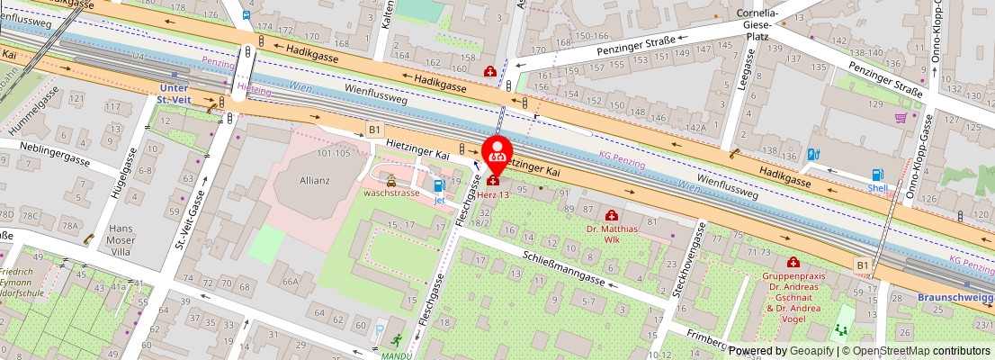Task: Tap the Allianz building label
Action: click(x=309, y=180)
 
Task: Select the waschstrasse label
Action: click(x=391, y=193)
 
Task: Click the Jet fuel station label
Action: click(x=439, y=200)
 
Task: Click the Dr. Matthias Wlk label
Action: click(x=612, y=233)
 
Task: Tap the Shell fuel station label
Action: click(x=876, y=188)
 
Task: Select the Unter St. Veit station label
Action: click(x=174, y=93)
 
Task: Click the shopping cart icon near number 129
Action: click(x=901, y=118)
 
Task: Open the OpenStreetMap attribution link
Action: click(x=911, y=351)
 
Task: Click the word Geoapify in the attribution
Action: click(x=811, y=351)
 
